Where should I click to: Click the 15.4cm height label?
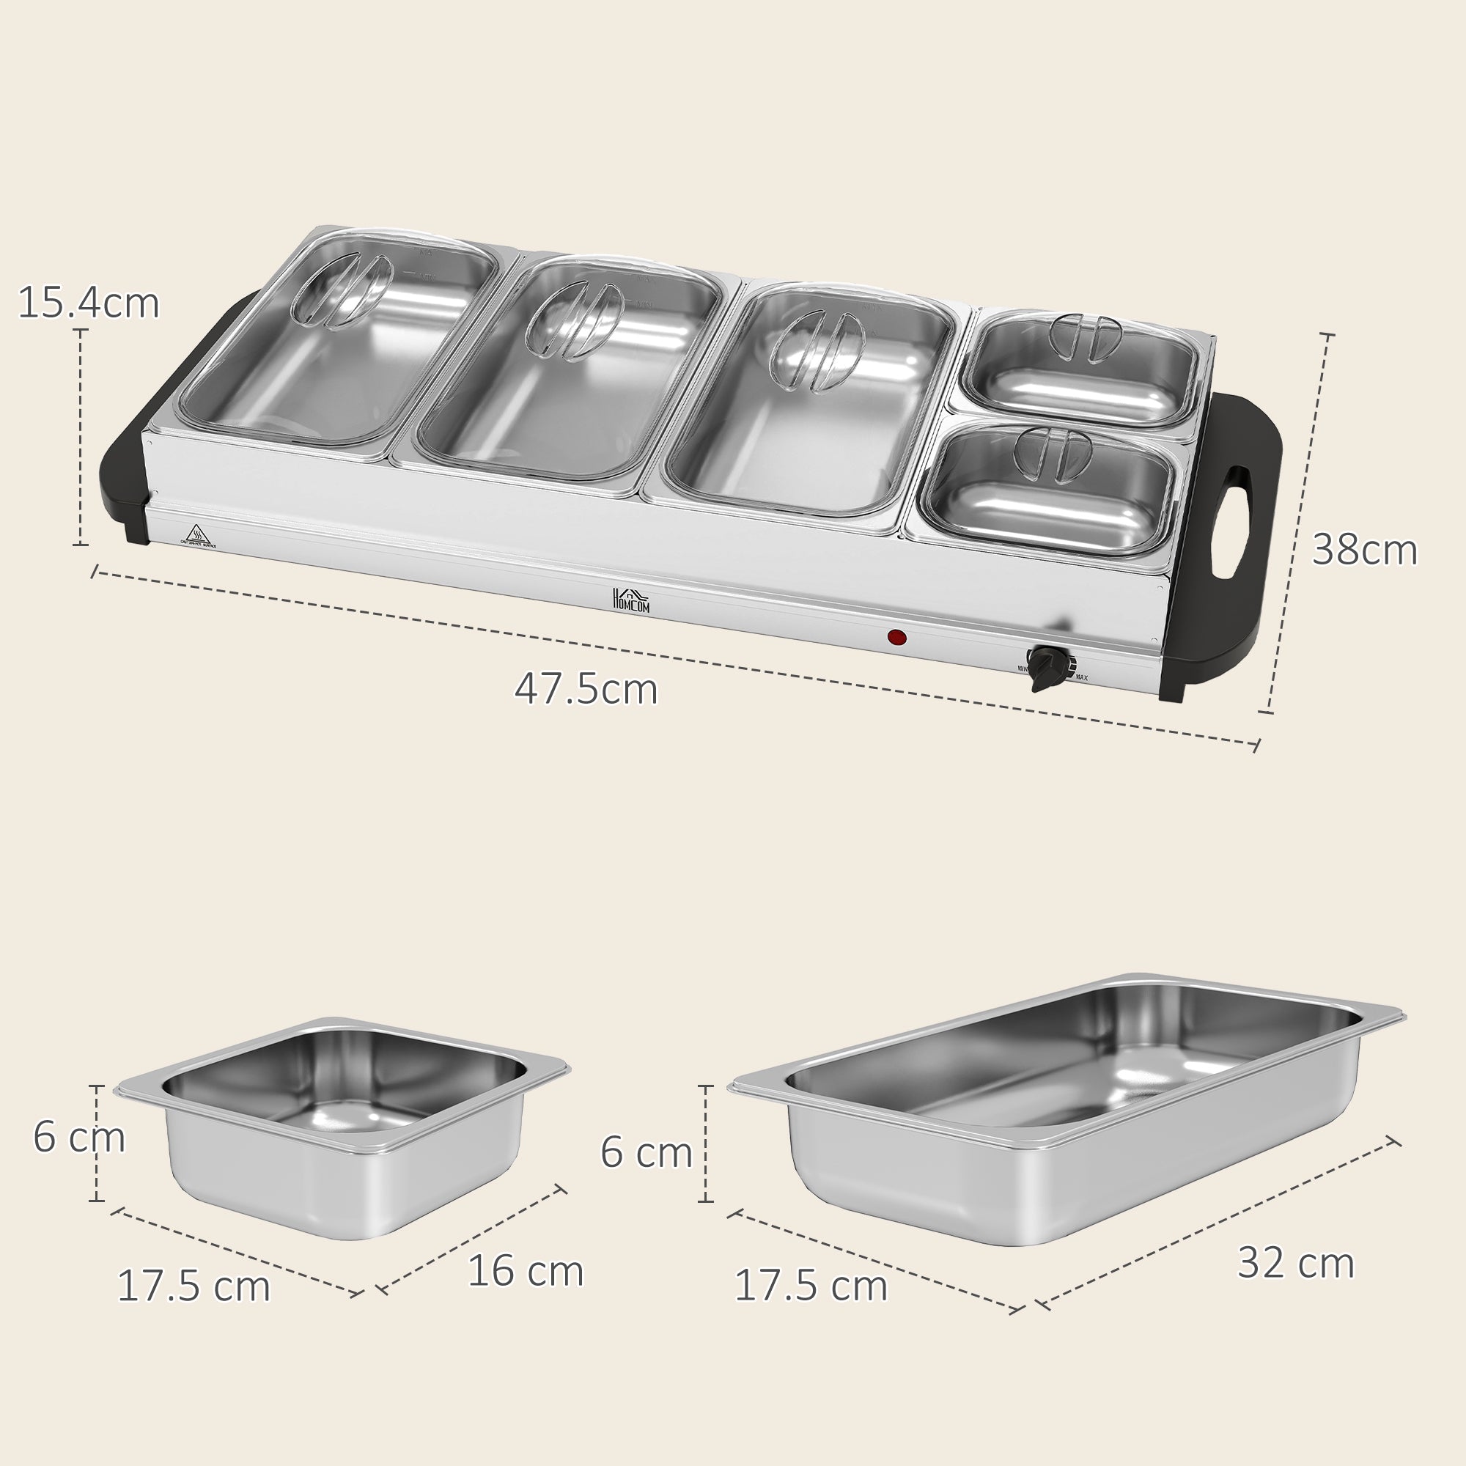point(88,303)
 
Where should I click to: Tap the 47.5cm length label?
point(586,690)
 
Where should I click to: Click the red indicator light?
point(897,638)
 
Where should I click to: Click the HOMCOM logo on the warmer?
point(630,600)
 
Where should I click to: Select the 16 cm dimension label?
point(525,1271)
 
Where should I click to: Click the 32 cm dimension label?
point(1295,1263)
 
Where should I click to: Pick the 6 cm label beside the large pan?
point(647,1152)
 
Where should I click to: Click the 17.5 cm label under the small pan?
point(194,1286)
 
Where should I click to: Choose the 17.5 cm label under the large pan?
point(811,1286)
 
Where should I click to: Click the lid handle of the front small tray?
point(1047,453)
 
